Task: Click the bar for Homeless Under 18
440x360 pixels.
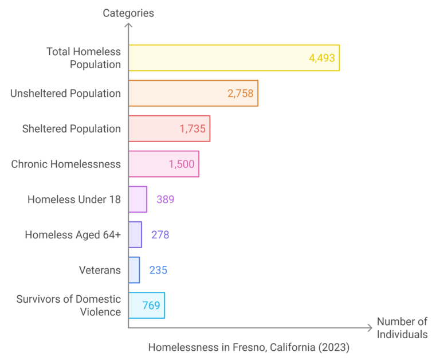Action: tap(137, 199)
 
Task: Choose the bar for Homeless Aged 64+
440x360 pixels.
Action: tap(135, 234)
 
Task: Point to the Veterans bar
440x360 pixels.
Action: tap(134, 270)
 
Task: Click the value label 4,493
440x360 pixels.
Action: tap(321, 58)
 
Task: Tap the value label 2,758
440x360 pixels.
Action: tap(240, 93)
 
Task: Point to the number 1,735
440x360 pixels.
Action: tap(192, 128)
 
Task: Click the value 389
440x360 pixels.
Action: tap(165, 199)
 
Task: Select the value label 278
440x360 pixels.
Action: tap(160, 234)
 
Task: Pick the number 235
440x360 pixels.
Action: tap(158, 270)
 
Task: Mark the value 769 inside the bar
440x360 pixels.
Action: tap(151, 305)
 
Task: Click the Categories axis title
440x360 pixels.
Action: tap(128, 13)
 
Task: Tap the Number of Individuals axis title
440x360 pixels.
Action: tap(402, 328)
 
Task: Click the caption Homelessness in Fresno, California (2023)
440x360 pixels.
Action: tap(249, 347)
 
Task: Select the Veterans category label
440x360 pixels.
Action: tap(100, 270)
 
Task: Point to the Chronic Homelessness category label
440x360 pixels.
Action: tap(66, 164)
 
